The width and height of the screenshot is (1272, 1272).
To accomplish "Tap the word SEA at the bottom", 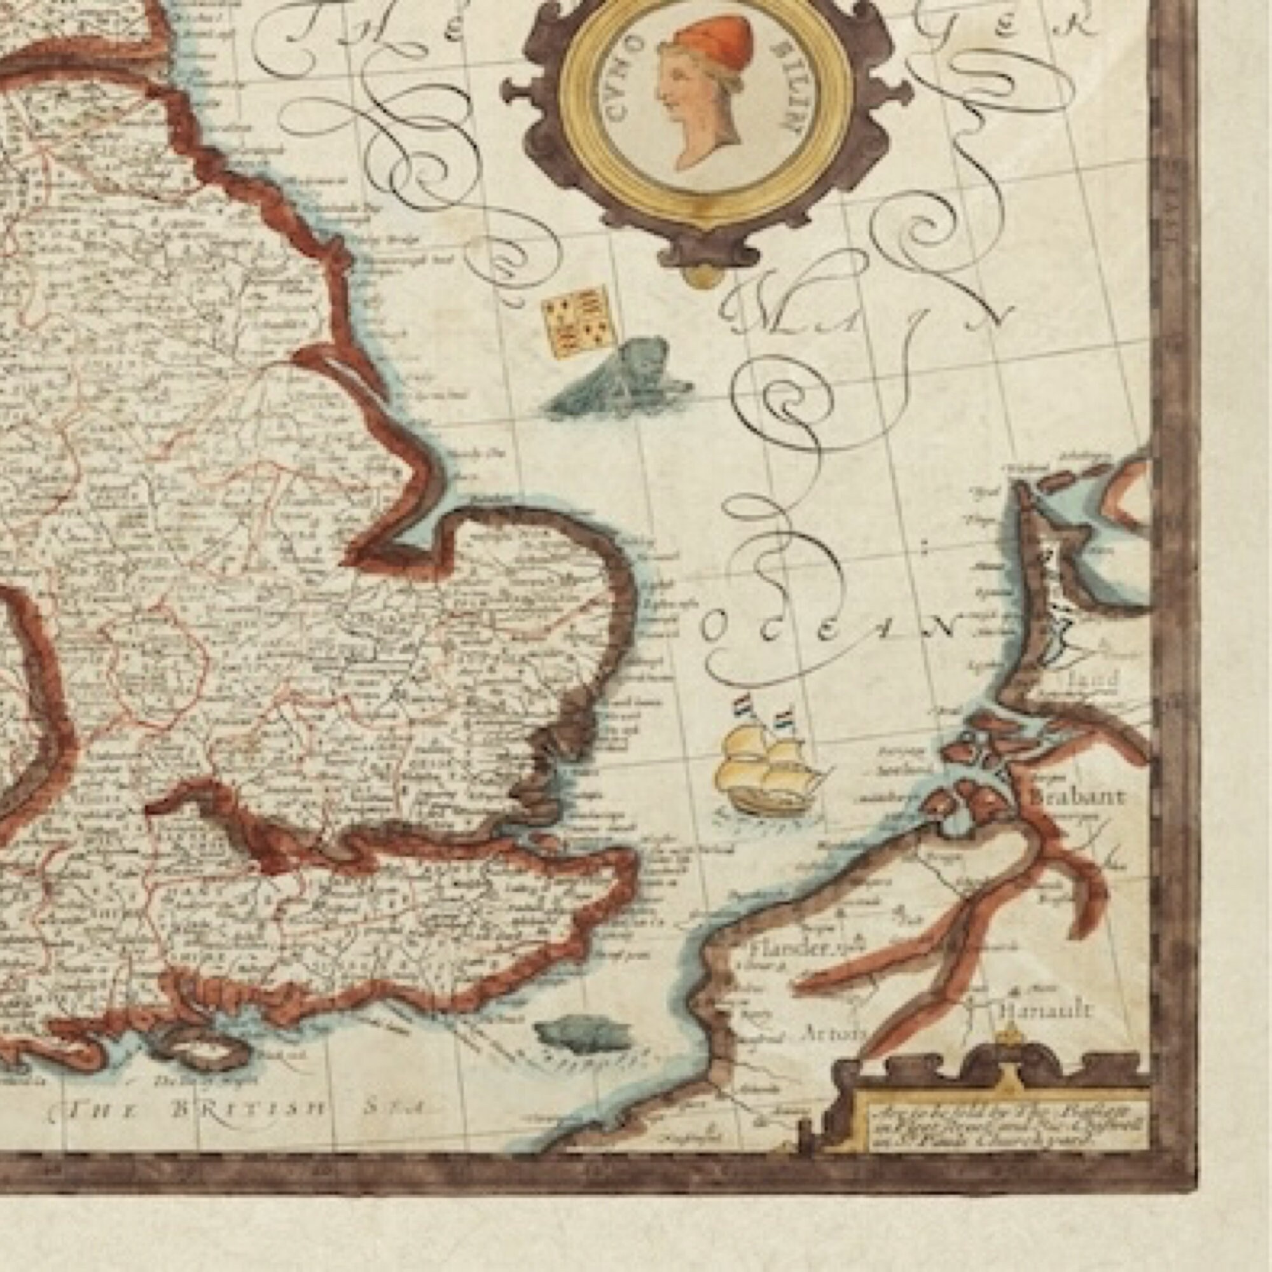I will click(x=392, y=1108).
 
